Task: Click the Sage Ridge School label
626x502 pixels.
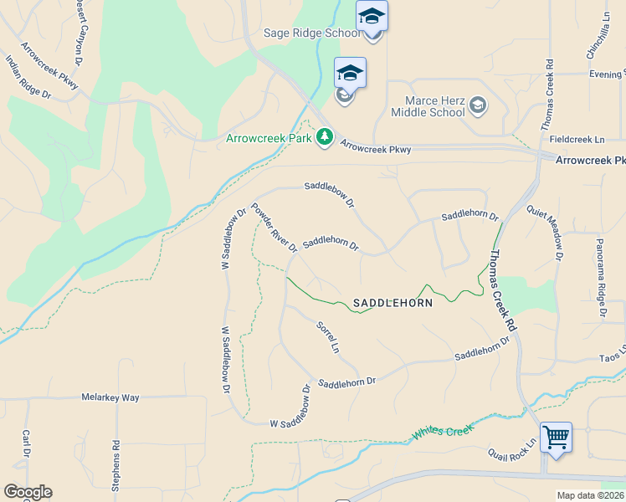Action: [x=301, y=33]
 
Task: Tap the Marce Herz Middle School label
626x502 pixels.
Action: [x=428, y=106]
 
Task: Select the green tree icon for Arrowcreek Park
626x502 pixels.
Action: [x=325, y=137]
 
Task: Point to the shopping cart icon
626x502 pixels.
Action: [x=556, y=437]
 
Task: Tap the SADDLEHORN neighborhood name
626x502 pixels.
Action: [x=393, y=303]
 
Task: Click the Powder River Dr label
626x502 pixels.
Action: [x=274, y=228]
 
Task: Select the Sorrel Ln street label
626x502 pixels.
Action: [x=328, y=336]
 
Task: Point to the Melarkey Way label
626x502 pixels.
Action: [x=110, y=397]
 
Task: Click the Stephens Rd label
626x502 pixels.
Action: [x=116, y=471]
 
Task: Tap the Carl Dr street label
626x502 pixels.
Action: [x=26, y=443]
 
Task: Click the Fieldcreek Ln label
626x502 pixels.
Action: [x=577, y=140]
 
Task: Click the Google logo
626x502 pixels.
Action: [x=28, y=492]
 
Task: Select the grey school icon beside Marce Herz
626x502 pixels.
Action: [x=477, y=105]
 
